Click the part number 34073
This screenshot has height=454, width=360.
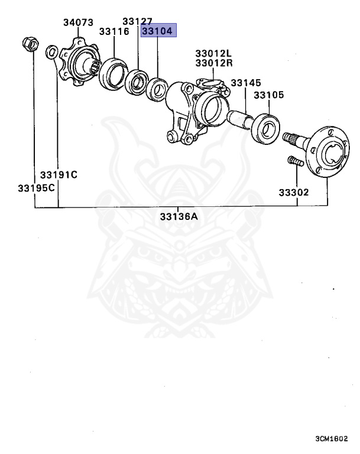(78, 22)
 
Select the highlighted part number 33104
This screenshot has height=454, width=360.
(158, 32)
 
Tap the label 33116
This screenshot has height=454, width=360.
(114, 31)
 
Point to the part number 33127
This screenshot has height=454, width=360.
(138, 22)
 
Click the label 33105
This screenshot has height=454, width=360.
(269, 95)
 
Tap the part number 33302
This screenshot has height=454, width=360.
(294, 192)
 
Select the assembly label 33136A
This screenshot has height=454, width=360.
(179, 216)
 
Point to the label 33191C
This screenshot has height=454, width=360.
(59, 175)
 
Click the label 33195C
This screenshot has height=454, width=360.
(35, 188)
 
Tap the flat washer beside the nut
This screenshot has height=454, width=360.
(52, 52)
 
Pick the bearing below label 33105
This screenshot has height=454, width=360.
(264, 128)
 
